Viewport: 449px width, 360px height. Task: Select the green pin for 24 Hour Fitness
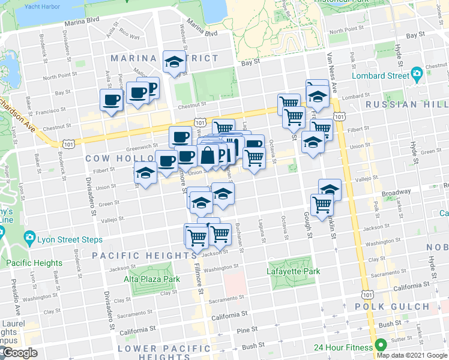379,346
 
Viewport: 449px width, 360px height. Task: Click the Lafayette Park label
294,271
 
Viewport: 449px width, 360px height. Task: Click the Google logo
20,353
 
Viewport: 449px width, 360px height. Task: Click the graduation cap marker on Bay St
175,62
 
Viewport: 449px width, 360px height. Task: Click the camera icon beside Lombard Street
417,76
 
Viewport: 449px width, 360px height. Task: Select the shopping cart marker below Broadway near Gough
322,204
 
